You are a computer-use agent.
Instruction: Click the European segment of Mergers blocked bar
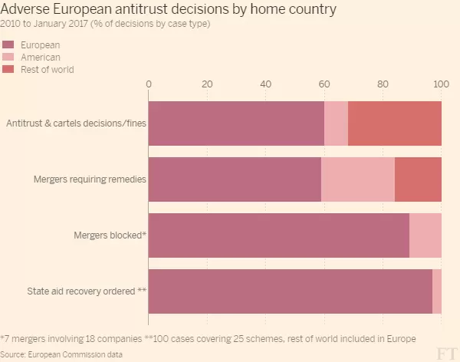(279, 235)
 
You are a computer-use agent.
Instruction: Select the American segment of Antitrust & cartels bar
(337, 123)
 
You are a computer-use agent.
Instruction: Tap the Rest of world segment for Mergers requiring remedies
(418, 179)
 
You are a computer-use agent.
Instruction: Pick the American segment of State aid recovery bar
(437, 291)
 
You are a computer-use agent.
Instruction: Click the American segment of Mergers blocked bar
(426, 235)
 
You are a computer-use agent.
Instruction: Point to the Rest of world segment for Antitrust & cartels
(395, 123)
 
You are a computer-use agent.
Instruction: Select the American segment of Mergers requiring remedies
(358, 179)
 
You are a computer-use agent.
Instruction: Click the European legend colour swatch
(8, 44)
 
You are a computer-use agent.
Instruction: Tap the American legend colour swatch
(8, 57)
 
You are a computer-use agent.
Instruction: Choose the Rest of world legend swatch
(8, 69)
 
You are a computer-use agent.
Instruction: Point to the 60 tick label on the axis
(324, 84)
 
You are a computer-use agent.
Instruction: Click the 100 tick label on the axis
(441, 84)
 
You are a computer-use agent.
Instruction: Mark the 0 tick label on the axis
(149, 84)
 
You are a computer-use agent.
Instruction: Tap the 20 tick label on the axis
(207, 84)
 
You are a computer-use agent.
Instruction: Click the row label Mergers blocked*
(110, 235)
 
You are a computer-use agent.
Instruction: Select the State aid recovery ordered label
(87, 291)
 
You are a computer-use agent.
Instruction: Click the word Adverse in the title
(25, 9)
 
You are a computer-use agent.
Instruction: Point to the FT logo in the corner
(447, 354)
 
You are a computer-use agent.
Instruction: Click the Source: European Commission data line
(61, 354)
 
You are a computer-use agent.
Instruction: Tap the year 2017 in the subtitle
(78, 24)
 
